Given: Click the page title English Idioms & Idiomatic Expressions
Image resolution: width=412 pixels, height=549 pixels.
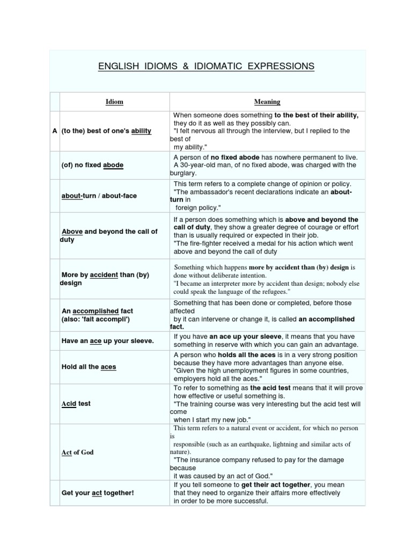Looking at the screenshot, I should click(206, 66).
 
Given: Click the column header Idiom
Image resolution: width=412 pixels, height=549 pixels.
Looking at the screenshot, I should click(114, 102).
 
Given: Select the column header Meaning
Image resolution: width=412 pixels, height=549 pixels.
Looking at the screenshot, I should click(267, 102).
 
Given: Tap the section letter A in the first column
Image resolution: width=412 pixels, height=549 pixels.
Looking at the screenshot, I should click(55, 131).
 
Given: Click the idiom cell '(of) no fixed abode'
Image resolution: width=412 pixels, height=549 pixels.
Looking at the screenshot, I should click(92, 165).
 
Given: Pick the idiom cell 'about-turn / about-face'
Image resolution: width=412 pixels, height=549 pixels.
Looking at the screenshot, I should click(99, 196).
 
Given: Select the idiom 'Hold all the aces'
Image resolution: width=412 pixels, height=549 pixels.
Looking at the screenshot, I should click(89, 367).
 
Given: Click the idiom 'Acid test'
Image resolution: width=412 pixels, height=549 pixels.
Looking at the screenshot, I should click(76, 403).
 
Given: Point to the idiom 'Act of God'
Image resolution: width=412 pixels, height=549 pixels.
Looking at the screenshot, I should click(77, 452).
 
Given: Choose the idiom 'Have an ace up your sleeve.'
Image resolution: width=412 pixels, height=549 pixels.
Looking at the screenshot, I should click(107, 340).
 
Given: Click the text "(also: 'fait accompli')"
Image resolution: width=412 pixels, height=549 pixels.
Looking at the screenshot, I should click(97, 319).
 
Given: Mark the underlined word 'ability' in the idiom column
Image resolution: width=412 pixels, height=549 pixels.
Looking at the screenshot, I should click(141, 131).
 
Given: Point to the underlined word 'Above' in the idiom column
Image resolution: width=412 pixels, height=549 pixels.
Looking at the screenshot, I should click(72, 232).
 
